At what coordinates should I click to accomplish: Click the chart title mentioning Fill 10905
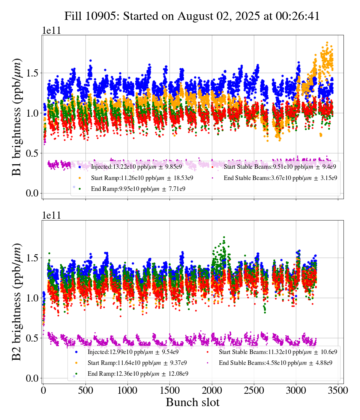pos(192,16)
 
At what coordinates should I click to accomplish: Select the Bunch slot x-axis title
pos(192,402)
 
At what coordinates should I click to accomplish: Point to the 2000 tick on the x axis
pos(212,390)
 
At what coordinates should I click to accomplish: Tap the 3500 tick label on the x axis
pos(339,390)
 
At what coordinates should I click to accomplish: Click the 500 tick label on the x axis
pos(85,390)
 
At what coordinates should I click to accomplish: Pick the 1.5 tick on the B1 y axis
pos(33,73)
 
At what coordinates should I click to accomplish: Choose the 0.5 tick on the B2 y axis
pos(33,338)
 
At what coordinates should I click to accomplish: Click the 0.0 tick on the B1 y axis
pos(33,193)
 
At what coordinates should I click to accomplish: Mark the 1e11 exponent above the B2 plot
pos(51,215)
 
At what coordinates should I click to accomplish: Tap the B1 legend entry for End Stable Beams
pos(280,178)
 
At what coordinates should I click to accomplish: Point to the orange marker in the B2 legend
pos(76,363)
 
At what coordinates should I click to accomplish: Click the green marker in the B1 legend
pos(79,189)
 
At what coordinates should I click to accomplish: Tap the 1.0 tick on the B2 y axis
pos(33,298)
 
